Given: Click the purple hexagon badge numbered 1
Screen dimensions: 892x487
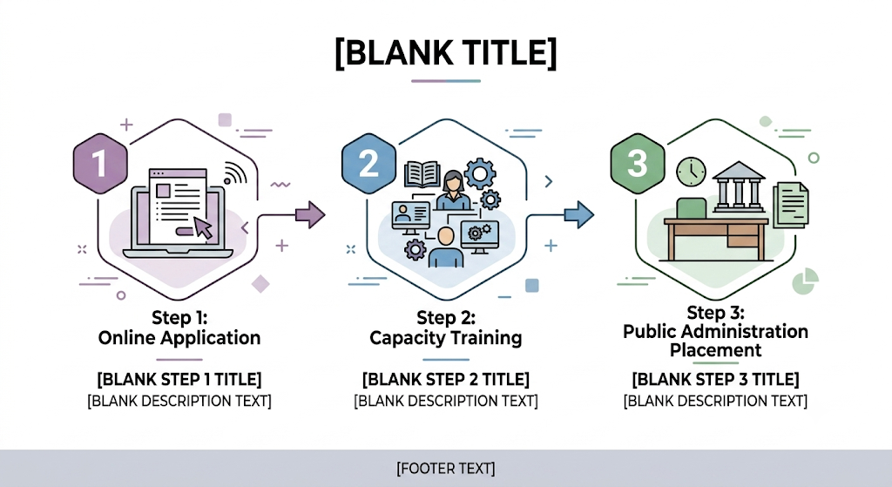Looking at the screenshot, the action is (x=100, y=163).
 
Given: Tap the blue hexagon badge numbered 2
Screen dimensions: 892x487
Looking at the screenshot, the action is (x=368, y=163).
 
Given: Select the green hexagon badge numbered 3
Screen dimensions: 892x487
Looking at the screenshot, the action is (x=637, y=163).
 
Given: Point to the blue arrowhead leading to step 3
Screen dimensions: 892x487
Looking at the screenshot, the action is (x=579, y=214).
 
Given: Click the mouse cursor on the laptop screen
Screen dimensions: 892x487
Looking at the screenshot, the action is (x=203, y=227).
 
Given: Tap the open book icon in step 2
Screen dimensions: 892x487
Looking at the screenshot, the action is (x=422, y=174).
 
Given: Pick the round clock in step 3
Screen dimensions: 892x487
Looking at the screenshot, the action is (x=691, y=172).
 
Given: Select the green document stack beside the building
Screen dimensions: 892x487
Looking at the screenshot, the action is (x=791, y=205).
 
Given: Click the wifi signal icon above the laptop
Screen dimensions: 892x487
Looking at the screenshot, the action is (x=234, y=172).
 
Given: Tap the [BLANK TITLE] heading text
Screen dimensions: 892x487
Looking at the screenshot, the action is (x=446, y=53).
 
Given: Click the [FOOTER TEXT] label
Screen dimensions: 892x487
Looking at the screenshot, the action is (x=446, y=468).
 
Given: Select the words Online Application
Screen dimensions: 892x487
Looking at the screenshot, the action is (x=179, y=338).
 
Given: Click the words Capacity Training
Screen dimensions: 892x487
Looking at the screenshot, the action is (x=446, y=338).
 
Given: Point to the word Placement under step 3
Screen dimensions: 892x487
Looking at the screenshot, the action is (x=716, y=350).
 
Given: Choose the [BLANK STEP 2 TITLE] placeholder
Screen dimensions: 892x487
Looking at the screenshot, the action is (x=446, y=379).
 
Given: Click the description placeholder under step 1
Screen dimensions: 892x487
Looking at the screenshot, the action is (x=179, y=401).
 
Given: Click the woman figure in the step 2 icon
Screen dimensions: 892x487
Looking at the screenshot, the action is (x=453, y=190).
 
